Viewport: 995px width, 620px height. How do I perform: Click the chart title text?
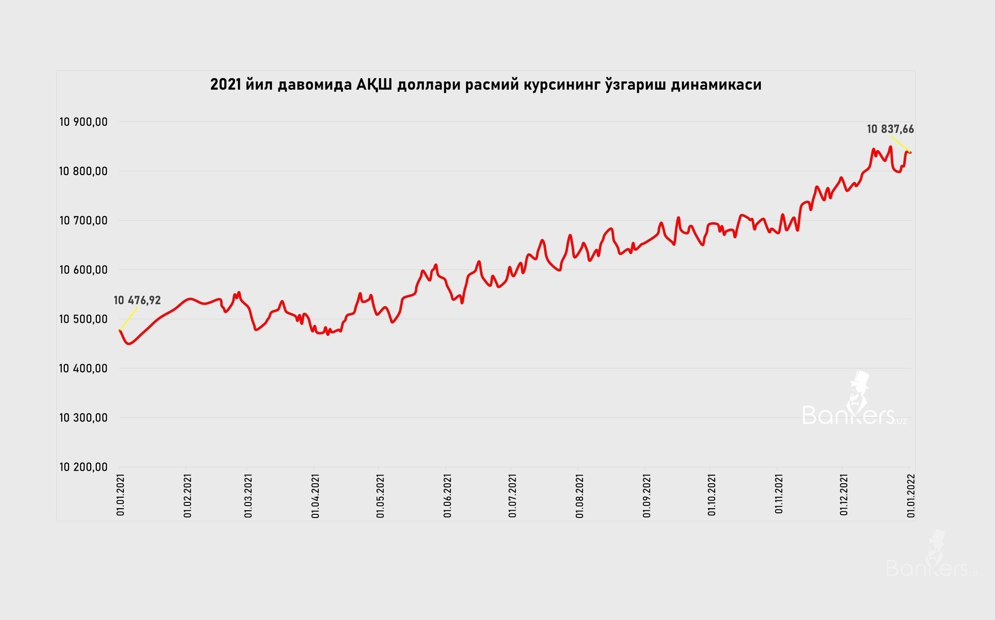point(486,84)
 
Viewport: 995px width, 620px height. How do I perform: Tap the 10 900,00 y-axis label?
point(83,122)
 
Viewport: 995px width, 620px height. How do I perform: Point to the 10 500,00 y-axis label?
point(83,319)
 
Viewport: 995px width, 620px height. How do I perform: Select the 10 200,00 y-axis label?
point(83,467)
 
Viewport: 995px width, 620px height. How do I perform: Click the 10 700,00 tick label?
point(83,221)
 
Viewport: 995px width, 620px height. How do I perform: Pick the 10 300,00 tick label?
point(83,418)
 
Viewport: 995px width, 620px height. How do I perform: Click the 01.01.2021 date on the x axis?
point(121,494)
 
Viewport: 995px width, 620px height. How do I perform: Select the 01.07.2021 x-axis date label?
point(513,495)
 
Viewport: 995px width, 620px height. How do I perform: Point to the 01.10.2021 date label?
point(712,495)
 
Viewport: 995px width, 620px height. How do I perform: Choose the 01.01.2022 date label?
point(911,495)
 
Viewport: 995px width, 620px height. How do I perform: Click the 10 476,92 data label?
point(137,300)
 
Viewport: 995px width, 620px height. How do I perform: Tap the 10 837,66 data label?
point(890,129)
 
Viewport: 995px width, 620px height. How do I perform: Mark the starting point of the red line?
point(120,329)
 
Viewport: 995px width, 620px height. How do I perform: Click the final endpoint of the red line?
point(911,152)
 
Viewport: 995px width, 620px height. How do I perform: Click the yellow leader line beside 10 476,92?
point(129,318)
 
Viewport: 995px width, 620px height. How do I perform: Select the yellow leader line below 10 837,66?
point(901,144)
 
